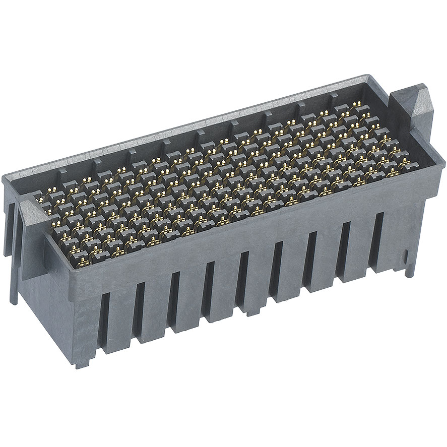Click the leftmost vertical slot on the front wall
(x=104, y=323)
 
